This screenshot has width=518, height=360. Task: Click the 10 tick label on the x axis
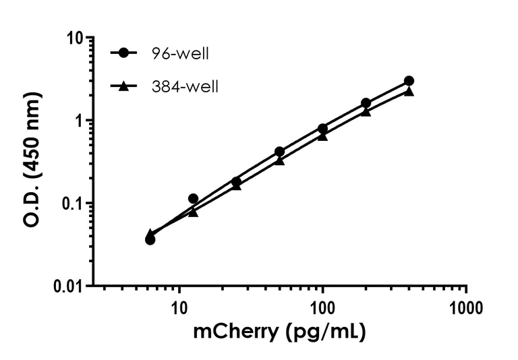[179, 309]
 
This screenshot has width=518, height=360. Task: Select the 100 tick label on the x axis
[322, 309]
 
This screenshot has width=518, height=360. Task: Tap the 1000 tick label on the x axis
[466, 309]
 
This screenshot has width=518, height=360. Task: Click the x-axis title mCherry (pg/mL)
[280, 332]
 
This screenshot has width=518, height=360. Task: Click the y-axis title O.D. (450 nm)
[32, 162]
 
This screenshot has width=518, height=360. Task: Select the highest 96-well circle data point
[409, 81]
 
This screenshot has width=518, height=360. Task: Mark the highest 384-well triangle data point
[409, 91]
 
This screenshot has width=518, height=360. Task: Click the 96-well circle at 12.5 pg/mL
[193, 199]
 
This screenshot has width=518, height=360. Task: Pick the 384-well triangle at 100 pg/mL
[322, 136]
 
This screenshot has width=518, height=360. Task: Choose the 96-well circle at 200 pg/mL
[366, 103]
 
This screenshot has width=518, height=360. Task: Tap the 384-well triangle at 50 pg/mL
[279, 160]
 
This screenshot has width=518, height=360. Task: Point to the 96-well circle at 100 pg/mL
[322, 128]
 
